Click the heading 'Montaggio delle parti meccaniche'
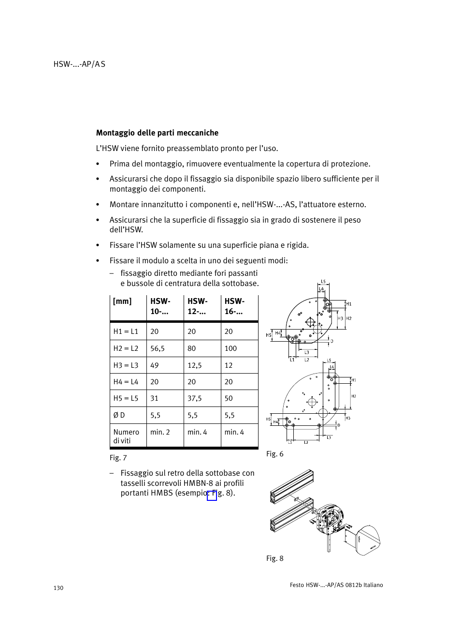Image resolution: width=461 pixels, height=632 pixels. (x=157, y=133)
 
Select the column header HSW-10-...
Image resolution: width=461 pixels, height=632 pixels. (x=160, y=306)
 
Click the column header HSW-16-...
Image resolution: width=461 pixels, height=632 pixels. (x=234, y=306)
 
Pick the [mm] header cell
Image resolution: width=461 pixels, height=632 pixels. (x=122, y=301)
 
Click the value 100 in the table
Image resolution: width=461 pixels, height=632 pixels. (x=230, y=348)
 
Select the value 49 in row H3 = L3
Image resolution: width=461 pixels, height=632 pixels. (x=155, y=365)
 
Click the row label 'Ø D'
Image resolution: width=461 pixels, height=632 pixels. (x=119, y=415)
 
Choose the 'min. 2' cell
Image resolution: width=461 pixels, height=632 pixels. (x=160, y=432)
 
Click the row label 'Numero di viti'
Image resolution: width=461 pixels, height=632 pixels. (x=126, y=436)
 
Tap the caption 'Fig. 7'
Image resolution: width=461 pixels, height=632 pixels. (x=118, y=458)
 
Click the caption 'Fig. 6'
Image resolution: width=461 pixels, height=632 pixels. (x=274, y=454)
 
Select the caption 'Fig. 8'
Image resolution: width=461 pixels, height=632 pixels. (x=274, y=558)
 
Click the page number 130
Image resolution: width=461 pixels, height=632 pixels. (x=58, y=588)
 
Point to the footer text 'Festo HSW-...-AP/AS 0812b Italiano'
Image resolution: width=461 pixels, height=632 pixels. (x=336, y=585)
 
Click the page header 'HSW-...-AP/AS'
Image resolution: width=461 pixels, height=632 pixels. (x=79, y=64)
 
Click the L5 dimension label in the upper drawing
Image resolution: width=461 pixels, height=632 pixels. (x=323, y=281)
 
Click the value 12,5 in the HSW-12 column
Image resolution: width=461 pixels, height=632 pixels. (x=194, y=365)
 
